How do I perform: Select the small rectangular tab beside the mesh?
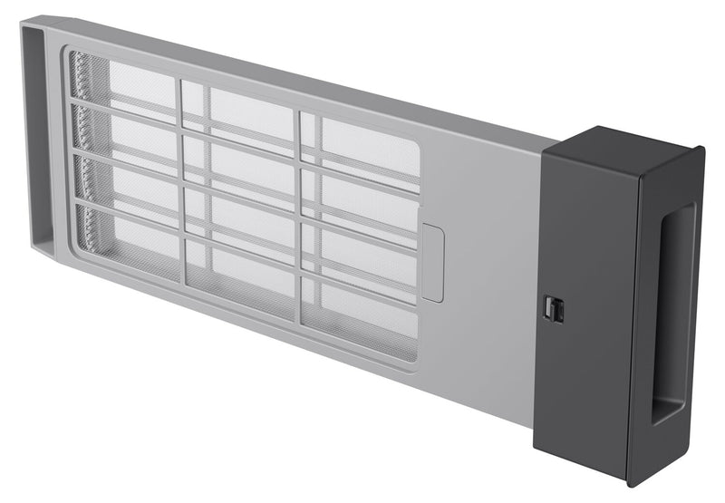coord(433,264)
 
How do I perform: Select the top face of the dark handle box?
coord(625,145)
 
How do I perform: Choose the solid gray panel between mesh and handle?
coord(494,272)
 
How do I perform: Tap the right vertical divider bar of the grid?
coord(297,218)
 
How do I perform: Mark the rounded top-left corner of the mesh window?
coord(72,54)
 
